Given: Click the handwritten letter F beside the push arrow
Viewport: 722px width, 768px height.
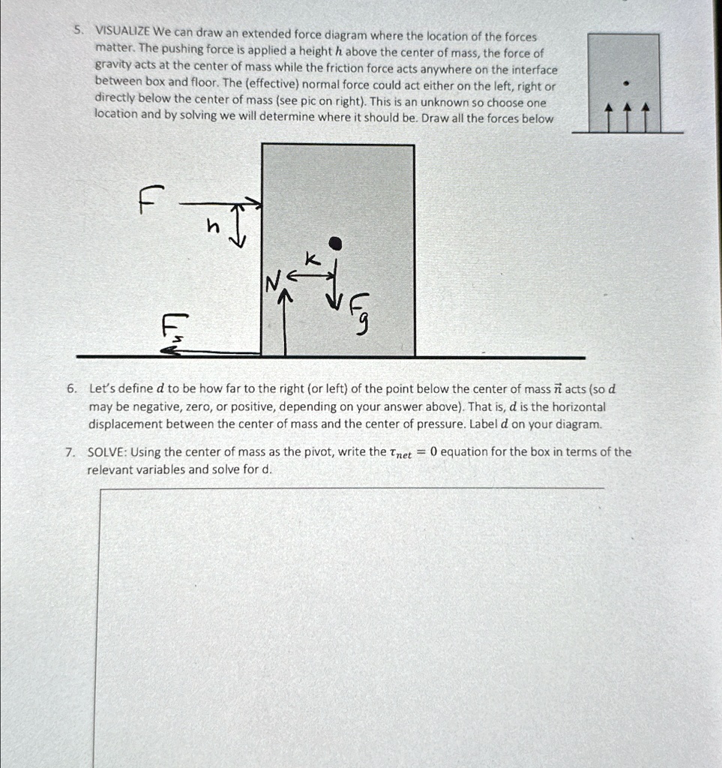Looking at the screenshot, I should click(x=148, y=201).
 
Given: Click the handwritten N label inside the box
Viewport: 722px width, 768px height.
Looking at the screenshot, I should click(x=271, y=283).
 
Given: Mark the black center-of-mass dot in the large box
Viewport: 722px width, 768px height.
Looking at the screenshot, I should click(x=337, y=242).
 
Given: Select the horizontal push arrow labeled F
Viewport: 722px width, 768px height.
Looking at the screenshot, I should click(x=221, y=203).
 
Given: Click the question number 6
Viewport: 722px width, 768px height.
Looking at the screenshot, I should click(x=70, y=388).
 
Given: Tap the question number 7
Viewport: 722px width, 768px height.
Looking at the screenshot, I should click(x=69, y=452).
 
